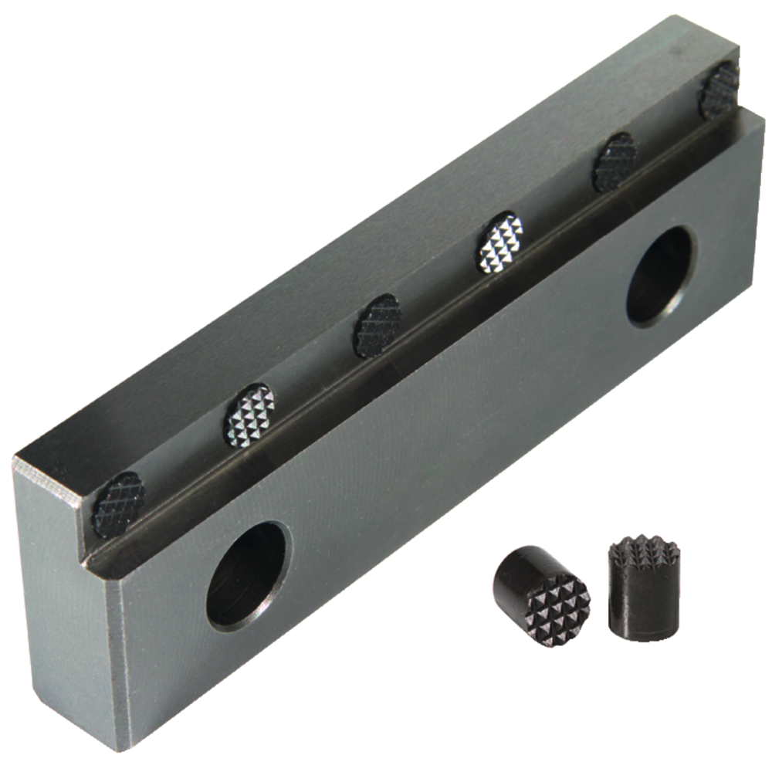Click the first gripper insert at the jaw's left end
pos(118,505)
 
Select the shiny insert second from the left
pos(249,415)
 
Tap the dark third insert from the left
pos(378,326)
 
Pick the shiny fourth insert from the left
pos(499,242)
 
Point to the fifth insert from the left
pos(615,162)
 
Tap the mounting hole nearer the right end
pos(660,276)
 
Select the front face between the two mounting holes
pos(448,432)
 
